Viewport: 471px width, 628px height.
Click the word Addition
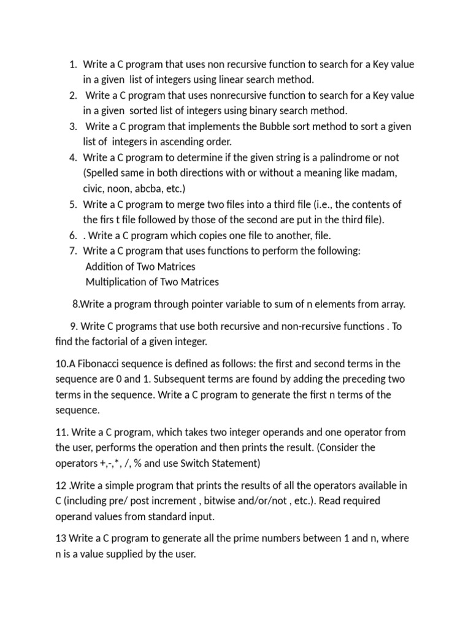pos(105,267)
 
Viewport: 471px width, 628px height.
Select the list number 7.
pos(73,251)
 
